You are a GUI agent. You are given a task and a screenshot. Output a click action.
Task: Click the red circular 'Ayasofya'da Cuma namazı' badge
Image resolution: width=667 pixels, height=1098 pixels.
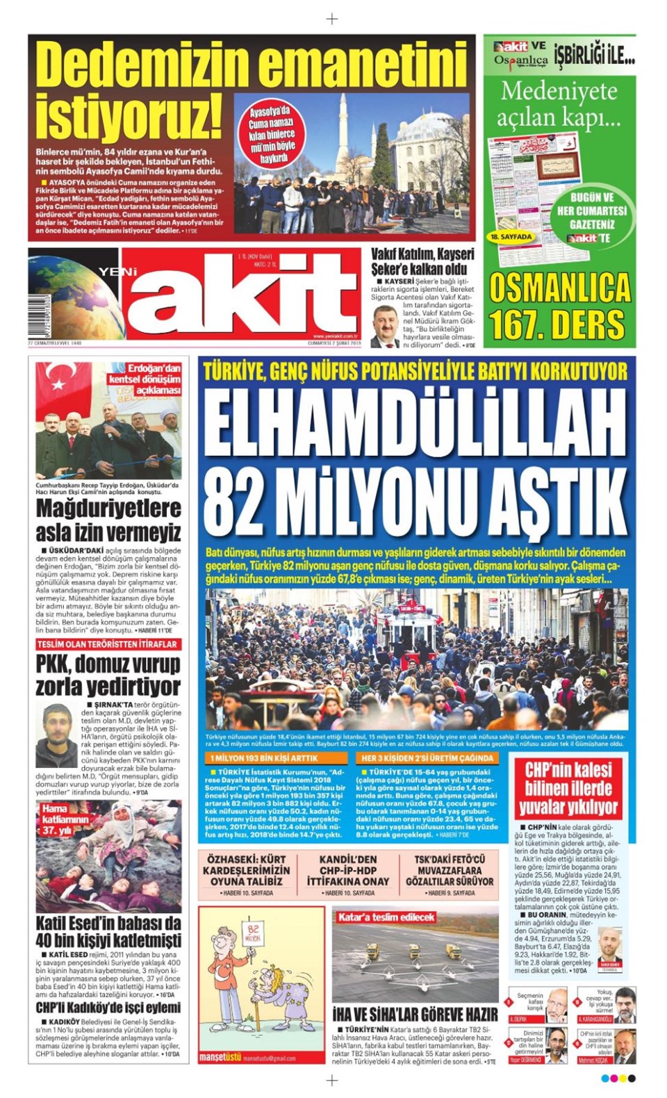(272, 135)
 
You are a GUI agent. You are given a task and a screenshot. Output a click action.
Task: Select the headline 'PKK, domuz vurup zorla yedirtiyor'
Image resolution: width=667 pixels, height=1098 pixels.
(108, 675)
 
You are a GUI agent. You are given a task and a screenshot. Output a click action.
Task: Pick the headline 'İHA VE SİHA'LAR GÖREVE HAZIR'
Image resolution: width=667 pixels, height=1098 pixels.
(415, 1014)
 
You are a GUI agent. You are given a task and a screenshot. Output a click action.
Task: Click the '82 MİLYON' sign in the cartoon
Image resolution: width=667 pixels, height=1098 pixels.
(253, 933)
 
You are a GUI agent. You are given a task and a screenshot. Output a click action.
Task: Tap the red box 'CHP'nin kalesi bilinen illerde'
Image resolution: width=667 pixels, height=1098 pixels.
(568, 788)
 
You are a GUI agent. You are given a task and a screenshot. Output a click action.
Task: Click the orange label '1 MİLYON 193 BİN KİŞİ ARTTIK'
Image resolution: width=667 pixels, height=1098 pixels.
(264, 758)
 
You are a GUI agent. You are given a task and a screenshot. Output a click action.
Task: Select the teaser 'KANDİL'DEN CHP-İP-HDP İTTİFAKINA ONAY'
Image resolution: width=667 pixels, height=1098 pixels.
(348, 870)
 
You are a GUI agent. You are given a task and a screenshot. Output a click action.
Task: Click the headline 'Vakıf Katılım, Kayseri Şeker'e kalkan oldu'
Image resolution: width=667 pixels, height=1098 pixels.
(422, 261)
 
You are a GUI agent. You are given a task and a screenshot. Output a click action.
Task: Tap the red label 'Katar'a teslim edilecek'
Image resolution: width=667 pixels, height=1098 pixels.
(386, 917)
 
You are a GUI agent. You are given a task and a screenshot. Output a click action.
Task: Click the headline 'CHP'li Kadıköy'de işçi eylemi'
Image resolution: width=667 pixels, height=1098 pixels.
(108, 1008)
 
